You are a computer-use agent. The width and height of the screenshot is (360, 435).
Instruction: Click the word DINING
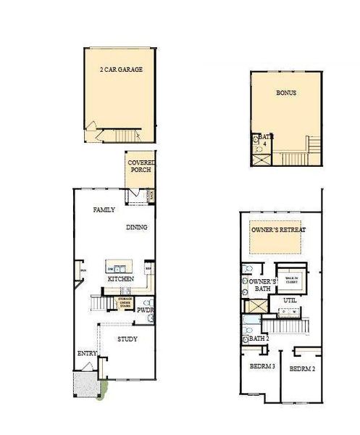click(137, 227)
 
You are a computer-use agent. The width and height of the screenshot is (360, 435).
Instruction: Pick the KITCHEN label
click(120, 278)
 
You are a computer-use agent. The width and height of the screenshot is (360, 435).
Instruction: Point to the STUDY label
click(127, 339)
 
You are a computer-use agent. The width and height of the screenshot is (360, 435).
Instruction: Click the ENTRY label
click(87, 354)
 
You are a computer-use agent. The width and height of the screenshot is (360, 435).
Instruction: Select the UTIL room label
click(290, 299)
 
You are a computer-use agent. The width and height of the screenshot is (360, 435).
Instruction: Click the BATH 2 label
click(259, 338)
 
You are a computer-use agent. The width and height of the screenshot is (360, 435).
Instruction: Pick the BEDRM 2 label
click(303, 369)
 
